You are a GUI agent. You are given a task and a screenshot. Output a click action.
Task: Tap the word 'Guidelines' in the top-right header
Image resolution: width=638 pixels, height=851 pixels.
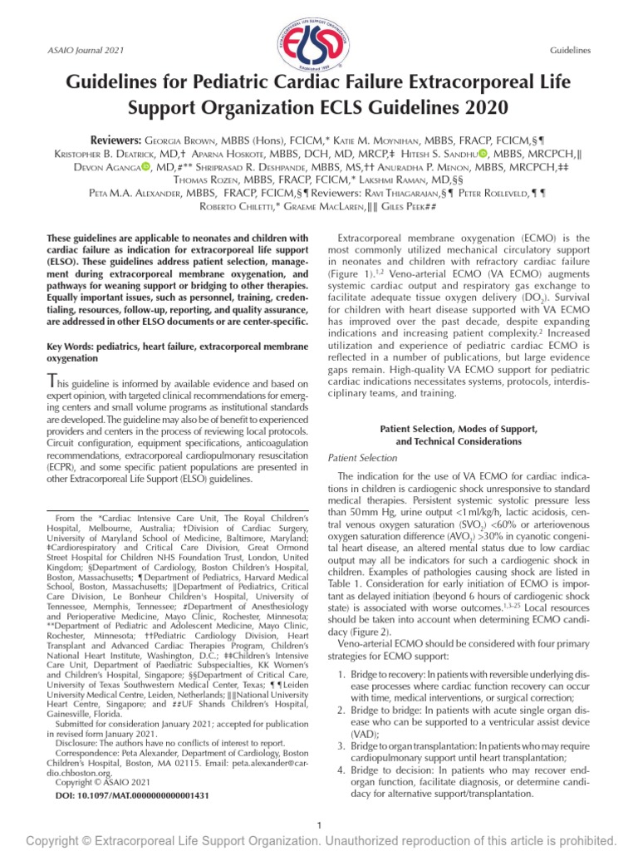click(x=570, y=52)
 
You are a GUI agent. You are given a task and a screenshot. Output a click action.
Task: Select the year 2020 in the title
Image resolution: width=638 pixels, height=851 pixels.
click(x=483, y=108)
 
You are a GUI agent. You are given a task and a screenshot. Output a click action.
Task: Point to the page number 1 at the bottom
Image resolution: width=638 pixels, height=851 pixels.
click(x=320, y=824)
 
